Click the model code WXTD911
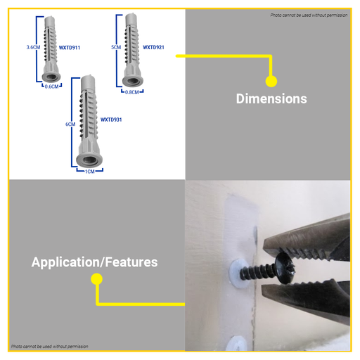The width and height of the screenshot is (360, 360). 70,48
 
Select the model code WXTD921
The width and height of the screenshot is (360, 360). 153,47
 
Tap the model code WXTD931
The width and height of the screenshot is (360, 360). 111,120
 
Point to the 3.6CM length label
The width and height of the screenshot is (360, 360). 33,47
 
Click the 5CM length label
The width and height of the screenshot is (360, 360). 116,47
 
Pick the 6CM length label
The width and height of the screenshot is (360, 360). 70,124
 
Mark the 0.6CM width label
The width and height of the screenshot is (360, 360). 51,86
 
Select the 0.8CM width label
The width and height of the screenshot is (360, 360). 132,92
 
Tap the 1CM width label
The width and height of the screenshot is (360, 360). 90,172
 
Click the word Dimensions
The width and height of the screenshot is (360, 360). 271,98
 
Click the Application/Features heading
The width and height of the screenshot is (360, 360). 94,262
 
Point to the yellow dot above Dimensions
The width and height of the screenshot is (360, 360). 271,82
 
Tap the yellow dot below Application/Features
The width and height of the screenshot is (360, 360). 96,279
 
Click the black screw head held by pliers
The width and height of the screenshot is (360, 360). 285,268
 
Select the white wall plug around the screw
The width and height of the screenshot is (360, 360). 236,273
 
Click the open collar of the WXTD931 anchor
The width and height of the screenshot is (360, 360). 89,160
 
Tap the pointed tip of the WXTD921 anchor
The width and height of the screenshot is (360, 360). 131,15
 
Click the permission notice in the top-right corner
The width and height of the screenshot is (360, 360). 309,15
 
